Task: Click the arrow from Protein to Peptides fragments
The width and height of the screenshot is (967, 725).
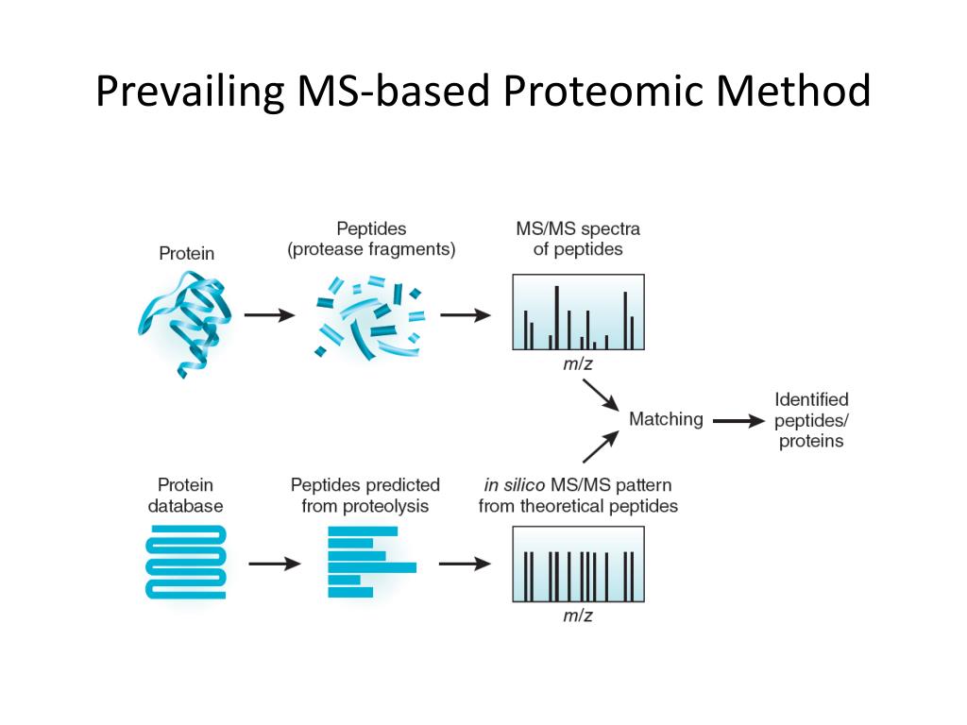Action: (x=269, y=315)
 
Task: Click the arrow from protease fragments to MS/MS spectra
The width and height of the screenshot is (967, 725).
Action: (x=465, y=315)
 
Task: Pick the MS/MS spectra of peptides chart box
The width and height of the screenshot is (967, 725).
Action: (x=578, y=312)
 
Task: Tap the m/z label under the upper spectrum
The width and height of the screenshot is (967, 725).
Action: (x=578, y=363)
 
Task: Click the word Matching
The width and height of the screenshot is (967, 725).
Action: (x=666, y=419)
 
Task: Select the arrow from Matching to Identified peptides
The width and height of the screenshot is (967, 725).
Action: (x=738, y=421)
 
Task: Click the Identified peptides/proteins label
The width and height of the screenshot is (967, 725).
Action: (x=811, y=420)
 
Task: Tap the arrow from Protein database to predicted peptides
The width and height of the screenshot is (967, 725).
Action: (x=274, y=565)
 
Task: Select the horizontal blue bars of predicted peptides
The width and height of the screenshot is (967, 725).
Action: (x=368, y=562)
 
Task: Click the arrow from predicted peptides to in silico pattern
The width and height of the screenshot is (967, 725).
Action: (x=465, y=565)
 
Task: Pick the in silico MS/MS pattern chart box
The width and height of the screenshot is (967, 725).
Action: (x=578, y=565)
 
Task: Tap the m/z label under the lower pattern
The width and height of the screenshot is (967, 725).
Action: (x=578, y=616)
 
